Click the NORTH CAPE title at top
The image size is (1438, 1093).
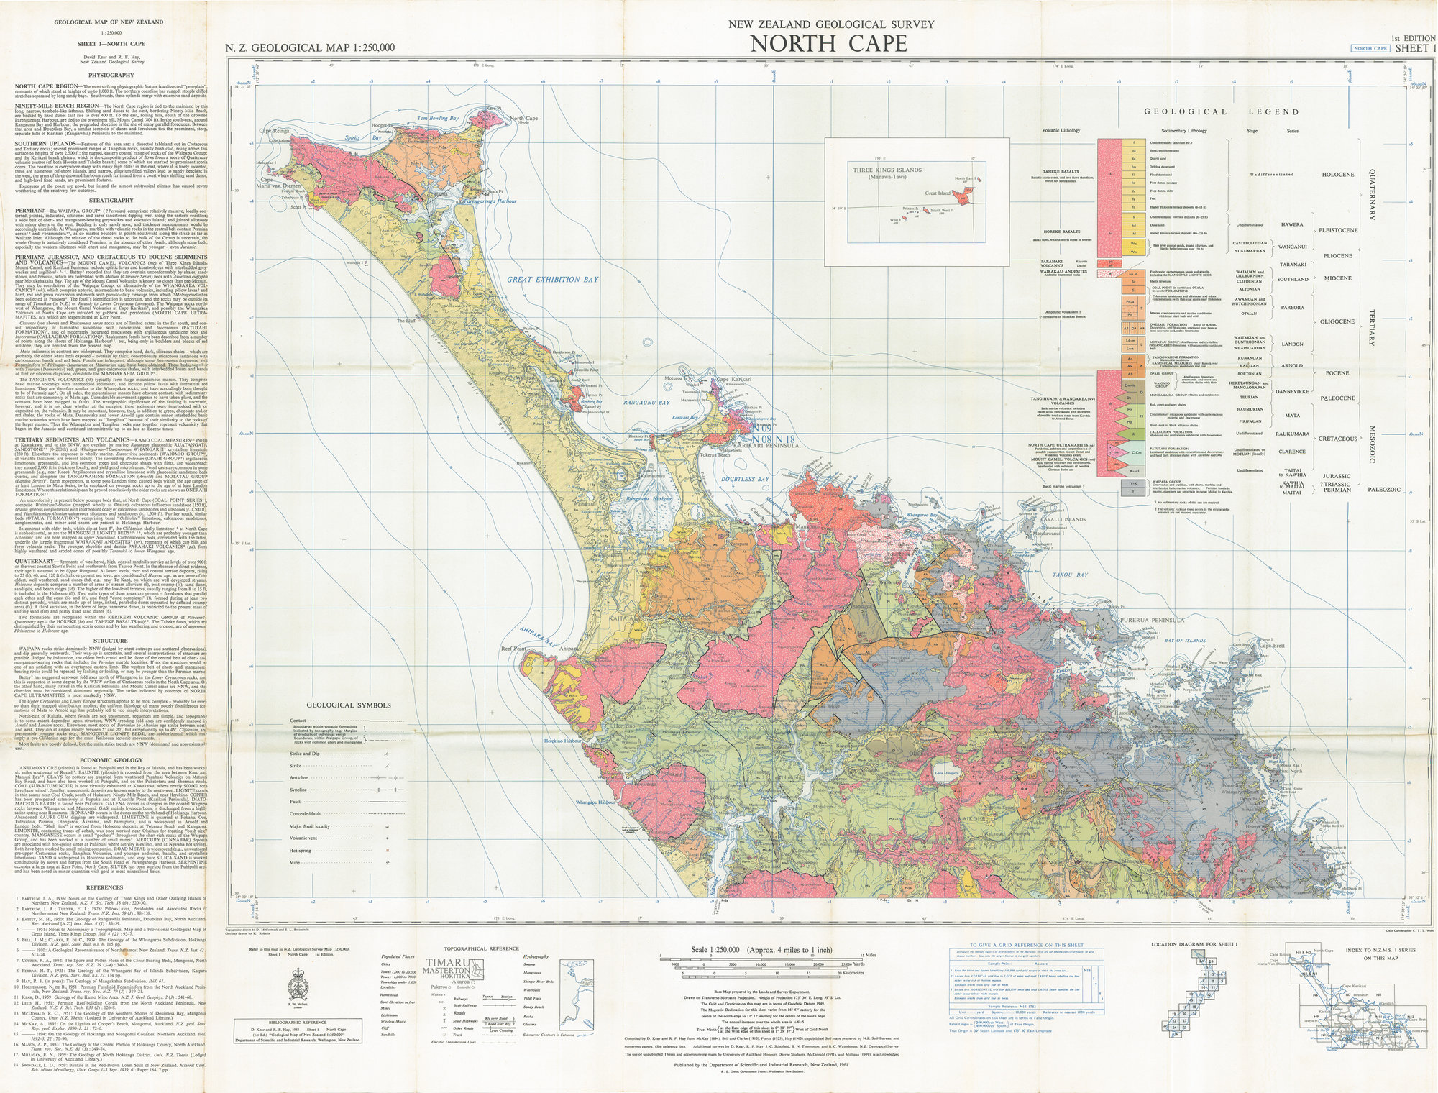828,45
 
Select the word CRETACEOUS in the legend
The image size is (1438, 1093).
1337,439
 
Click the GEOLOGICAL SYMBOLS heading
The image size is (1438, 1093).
349,705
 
